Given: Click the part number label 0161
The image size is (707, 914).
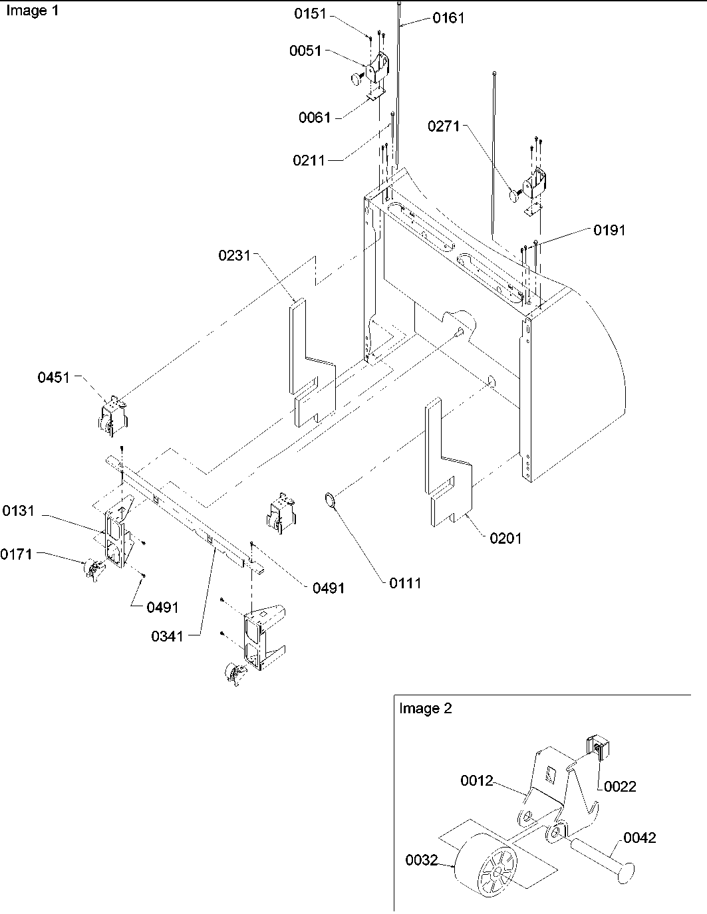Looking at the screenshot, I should click(448, 19).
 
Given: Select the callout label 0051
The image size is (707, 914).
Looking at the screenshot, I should click(305, 51).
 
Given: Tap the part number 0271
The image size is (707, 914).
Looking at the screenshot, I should click(444, 126).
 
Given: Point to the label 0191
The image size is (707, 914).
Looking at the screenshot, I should click(609, 230).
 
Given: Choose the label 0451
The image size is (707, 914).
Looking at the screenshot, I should click(53, 378).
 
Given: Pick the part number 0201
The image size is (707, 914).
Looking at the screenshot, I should click(505, 538).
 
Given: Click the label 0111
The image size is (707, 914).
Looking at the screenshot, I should click(405, 583).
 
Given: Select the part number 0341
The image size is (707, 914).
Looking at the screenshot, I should click(167, 636).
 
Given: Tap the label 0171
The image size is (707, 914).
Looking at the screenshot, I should click(17, 554).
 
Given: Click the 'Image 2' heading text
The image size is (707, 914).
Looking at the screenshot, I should click(425, 709).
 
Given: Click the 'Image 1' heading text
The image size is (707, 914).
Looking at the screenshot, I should click(33, 11).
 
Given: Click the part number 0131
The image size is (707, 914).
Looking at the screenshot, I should click(19, 511).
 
